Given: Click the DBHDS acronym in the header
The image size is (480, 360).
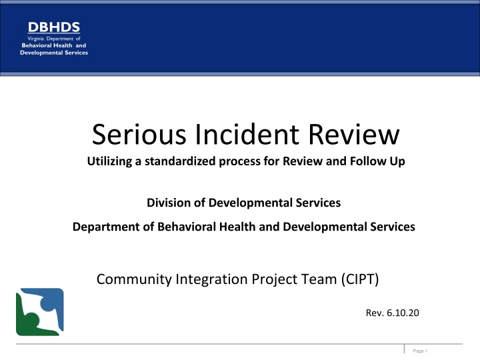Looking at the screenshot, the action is (x=54, y=27).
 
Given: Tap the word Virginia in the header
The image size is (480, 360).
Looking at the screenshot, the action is (x=36, y=39).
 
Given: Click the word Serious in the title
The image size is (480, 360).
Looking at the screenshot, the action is (x=139, y=134).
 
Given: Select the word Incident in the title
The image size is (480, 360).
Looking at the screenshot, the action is (x=247, y=134).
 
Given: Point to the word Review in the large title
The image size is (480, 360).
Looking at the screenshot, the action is (x=353, y=134).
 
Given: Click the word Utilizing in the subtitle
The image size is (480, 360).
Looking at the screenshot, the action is (x=111, y=161).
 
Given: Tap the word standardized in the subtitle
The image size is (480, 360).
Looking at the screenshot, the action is (x=180, y=161).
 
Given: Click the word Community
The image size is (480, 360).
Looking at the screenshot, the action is (x=134, y=279).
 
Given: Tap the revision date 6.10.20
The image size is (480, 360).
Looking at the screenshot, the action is (x=403, y=313).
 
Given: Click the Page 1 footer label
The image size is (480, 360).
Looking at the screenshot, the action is (x=420, y=351).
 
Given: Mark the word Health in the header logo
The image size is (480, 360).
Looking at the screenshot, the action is (x=63, y=45).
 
